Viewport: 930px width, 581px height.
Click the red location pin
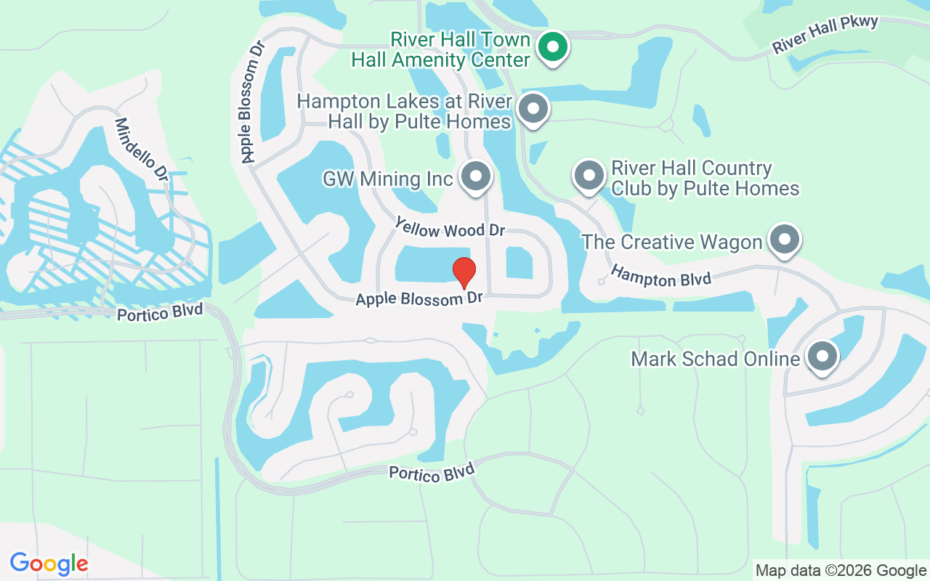(464, 272)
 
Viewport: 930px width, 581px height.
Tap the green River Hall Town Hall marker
(553, 48)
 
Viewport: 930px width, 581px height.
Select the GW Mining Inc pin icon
(476, 176)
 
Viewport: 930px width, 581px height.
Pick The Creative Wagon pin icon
(784, 239)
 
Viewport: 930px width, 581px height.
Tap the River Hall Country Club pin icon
(589, 176)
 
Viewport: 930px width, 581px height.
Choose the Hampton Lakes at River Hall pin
(533, 109)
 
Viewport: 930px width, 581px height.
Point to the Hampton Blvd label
(660, 277)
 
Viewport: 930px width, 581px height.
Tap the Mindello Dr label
(141, 150)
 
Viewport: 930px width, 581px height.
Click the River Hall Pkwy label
(825, 34)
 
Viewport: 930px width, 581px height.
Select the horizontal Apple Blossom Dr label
(419, 298)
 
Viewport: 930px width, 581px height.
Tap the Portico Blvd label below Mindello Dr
(161, 313)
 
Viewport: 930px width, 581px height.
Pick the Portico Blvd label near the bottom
(431, 473)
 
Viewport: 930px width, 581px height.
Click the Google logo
(49, 564)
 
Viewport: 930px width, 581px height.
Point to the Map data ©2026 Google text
(841, 571)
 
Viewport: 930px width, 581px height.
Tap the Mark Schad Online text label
(715, 359)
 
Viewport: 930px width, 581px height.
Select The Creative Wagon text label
(672, 242)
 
